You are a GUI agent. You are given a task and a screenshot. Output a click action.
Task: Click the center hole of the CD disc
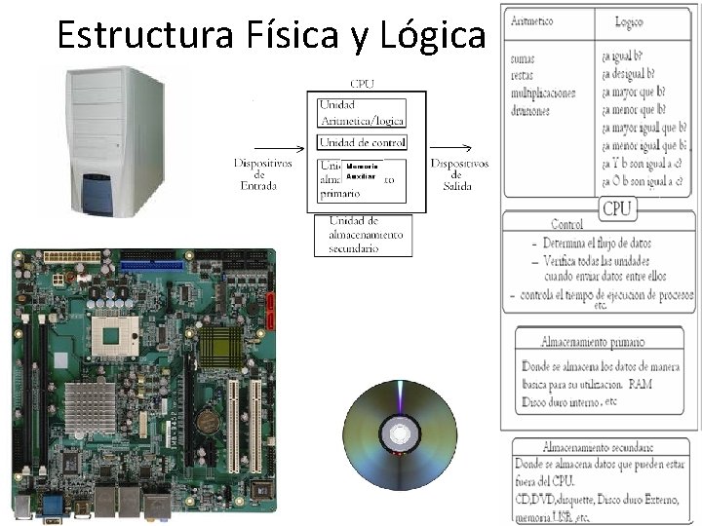click(399, 433)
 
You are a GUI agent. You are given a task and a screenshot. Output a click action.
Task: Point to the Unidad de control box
click(363, 143)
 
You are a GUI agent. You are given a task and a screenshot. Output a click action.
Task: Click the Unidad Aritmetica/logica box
click(363, 113)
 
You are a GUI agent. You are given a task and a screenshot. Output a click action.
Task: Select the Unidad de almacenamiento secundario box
click(363, 235)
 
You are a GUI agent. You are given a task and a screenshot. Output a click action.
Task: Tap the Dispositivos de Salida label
click(459, 174)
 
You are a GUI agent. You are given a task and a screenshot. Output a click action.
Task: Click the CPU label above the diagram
click(362, 84)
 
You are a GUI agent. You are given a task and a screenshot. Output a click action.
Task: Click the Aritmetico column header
click(531, 20)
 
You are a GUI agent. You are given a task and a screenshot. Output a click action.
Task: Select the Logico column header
click(629, 21)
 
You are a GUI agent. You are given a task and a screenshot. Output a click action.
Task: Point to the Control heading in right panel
click(566, 224)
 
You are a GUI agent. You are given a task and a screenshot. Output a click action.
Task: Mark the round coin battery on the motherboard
click(207, 421)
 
